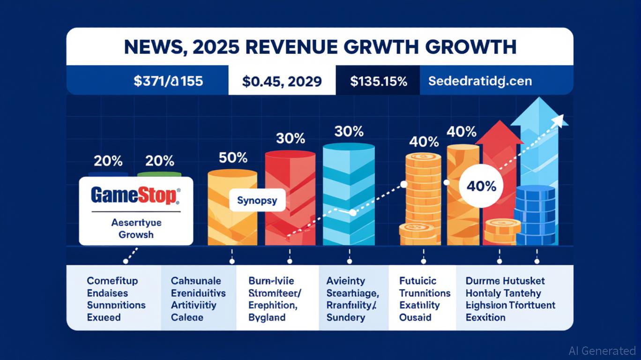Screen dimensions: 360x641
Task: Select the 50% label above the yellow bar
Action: tap(233, 157)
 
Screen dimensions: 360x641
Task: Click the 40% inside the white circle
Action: tap(482, 186)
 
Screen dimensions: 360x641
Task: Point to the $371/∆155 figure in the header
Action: tap(168, 81)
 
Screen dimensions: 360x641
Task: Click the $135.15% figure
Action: tap(379, 81)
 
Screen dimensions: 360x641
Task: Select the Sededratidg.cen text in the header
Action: tap(480, 81)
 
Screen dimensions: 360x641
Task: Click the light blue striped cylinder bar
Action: tap(349, 192)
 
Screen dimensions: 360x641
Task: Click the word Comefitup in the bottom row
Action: tap(112, 281)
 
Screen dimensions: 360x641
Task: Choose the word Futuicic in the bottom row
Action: tap(417, 281)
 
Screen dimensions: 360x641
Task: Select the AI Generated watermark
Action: tap(602, 351)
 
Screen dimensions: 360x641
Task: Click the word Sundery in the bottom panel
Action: tap(345, 317)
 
